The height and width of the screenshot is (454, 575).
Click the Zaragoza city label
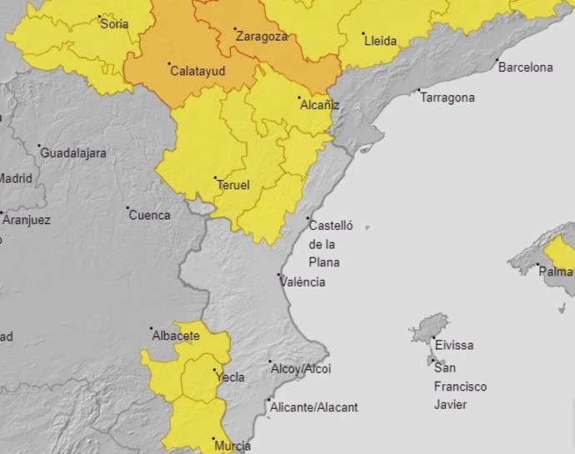pos(262,37)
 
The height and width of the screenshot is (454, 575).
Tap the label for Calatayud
pos(197,72)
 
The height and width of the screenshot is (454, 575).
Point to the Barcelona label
pos(525,67)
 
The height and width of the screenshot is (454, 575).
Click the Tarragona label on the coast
pos(447,97)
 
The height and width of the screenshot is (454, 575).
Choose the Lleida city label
pos(380,41)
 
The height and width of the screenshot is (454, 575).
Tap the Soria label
pos(115,24)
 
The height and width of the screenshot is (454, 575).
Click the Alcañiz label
pos(319,105)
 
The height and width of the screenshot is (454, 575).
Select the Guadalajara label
pos(73,153)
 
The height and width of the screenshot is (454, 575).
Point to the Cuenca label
pos(149,215)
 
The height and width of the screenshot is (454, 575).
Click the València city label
pos(302,282)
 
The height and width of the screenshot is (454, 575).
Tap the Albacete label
pos(176,336)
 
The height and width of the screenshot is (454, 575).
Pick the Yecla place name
pos(230,377)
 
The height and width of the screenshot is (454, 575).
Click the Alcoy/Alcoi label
pos(301,368)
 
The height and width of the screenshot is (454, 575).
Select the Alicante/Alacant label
pos(313,407)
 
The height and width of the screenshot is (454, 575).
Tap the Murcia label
pos(232,447)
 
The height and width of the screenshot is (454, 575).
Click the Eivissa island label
pos(454,345)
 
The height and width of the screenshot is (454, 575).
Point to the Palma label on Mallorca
pos(556,272)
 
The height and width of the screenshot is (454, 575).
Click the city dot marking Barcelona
pos(497,60)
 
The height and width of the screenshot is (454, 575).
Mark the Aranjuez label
pos(27,221)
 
